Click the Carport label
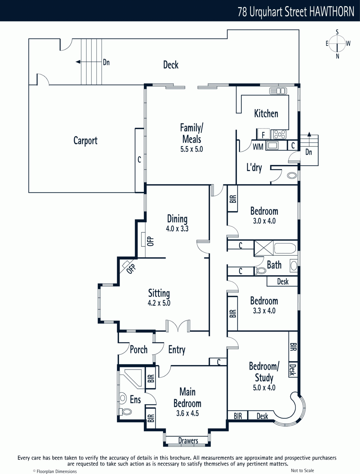[85, 141]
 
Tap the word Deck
[171, 65]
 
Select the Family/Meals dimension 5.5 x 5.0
[192, 149]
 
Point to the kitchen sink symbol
[278, 91]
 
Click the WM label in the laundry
[258, 147]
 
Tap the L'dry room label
[254, 168]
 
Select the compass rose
[337, 44]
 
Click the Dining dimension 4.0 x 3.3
[177, 229]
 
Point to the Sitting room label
[159, 293]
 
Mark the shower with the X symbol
[264, 248]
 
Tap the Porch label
[139, 349]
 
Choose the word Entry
[177, 350]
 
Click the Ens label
[135, 400]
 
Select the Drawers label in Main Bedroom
[188, 441]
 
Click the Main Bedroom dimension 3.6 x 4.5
[188, 413]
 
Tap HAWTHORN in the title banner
[332, 12]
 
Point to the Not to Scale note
[302, 470]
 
